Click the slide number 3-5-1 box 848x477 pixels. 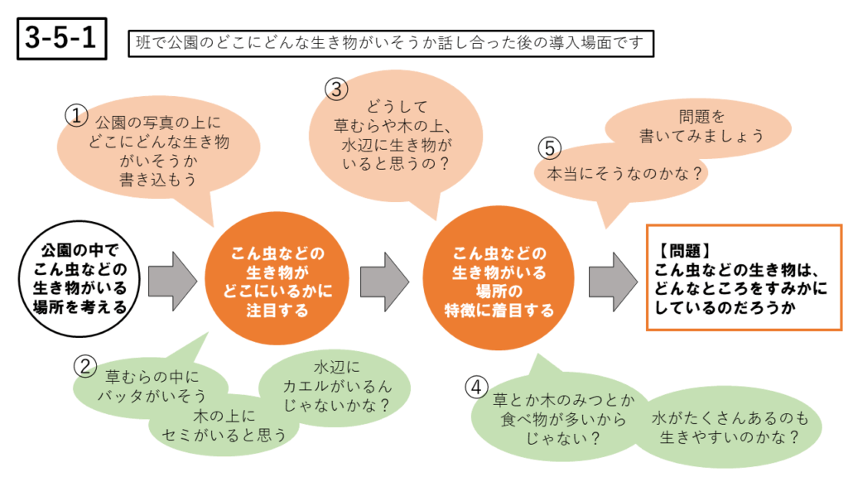coord(62,40)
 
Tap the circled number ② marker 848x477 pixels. coord(86,364)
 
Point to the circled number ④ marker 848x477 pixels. coord(475,386)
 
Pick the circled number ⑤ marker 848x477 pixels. coord(550,148)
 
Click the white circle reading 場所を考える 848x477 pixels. coord(75,277)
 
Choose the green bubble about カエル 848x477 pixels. coord(335,386)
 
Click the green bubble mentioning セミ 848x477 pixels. coord(225,426)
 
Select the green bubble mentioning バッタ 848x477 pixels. coord(149,386)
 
